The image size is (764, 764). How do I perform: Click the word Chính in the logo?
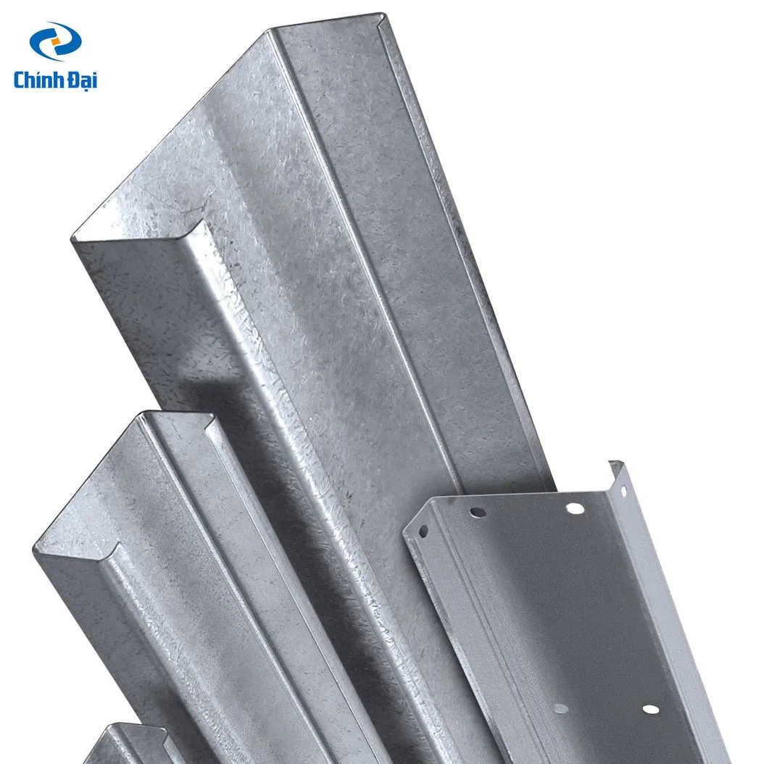point(38,80)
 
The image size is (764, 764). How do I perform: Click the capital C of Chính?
point(20,80)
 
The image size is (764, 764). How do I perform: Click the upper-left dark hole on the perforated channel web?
point(477,512)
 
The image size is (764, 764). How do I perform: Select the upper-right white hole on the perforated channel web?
point(575,509)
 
